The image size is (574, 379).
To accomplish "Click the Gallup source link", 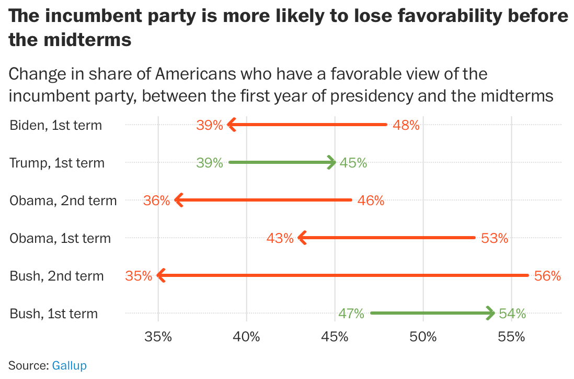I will coord(69,365).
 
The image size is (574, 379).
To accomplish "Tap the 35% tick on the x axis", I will coord(158,337).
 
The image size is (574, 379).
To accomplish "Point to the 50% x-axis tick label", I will coord(423,337).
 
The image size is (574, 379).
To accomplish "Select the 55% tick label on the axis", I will coord(511,337).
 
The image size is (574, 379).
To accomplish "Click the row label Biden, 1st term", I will coord(55,125).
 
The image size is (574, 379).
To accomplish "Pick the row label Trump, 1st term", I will coord(57,163).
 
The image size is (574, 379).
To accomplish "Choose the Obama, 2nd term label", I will coord(63,200).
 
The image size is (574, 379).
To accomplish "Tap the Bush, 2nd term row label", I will coord(56,276).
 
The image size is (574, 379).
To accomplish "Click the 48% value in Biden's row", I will coord(406,125).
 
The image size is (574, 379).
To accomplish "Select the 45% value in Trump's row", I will coord(353,163).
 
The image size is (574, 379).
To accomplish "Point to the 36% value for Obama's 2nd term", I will coord(156,200).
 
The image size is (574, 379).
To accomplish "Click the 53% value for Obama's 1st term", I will coord(495,238).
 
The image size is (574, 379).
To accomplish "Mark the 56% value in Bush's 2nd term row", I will coord(547,276).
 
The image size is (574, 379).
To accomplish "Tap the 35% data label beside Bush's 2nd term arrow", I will coord(139,276).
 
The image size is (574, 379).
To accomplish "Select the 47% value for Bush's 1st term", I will coord(351,314).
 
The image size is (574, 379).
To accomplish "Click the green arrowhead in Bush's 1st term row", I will coord(490,314).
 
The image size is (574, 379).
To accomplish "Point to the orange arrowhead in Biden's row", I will coord(232,125).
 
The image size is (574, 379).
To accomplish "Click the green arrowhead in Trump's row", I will coord(331,163).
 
